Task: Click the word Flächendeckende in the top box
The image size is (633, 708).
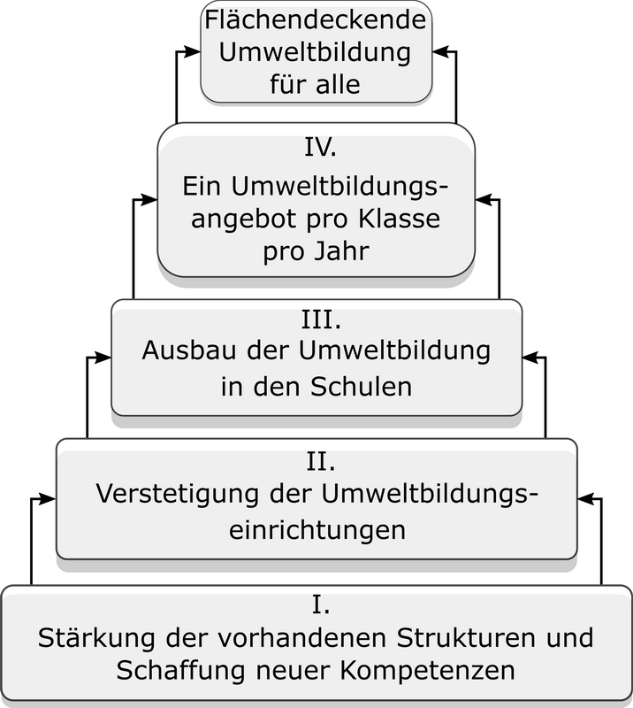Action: [316, 20]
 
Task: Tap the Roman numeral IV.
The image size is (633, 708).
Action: [320, 147]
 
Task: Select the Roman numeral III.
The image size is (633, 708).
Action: [321, 319]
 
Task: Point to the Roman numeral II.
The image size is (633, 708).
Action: [321, 461]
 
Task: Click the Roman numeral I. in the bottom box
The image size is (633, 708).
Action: [321, 604]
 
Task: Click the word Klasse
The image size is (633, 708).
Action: [400, 219]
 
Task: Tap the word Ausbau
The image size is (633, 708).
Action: [188, 350]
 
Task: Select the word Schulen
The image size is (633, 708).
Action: [361, 387]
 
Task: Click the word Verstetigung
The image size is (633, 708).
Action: [178, 494]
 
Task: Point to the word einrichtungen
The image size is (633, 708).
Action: [317, 529]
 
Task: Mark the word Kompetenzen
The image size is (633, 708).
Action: [427, 671]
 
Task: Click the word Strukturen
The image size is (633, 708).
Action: [466, 638]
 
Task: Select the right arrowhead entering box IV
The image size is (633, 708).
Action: [484, 200]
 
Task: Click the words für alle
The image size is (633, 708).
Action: [316, 84]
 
